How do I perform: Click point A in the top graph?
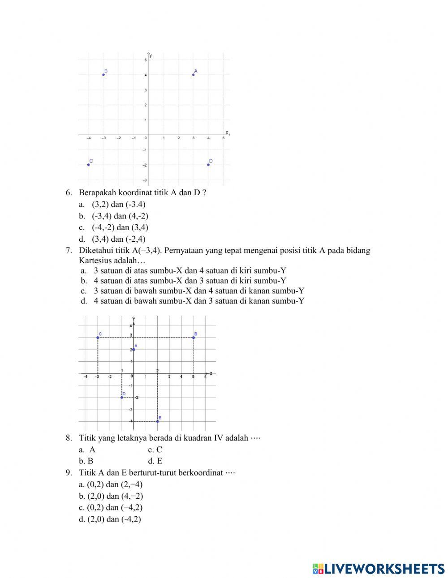pos(193,75)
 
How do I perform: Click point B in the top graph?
pos(103,75)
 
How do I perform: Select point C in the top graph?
pos(89,165)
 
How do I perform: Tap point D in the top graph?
pos(208,165)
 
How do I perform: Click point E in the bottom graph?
pos(157,421)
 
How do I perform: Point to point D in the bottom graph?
pos(121,397)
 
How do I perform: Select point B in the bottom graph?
pos(194,338)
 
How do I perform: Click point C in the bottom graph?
pos(98,338)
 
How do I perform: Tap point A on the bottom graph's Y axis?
pos(134,349)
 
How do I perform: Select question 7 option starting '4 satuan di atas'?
pos(190,281)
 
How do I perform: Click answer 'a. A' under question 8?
pos(87,450)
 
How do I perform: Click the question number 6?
pos(69,193)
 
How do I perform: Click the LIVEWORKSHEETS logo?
pos(379,569)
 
